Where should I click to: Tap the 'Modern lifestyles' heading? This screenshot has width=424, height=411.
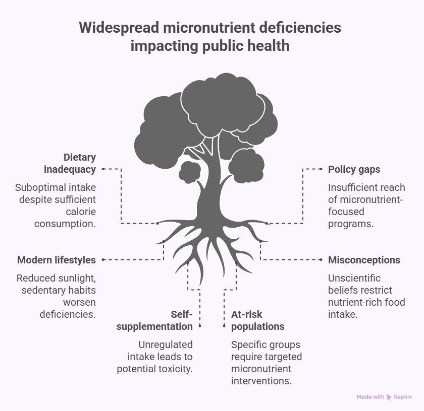(x=56, y=260)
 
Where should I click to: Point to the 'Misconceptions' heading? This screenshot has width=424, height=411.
(x=364, y=260)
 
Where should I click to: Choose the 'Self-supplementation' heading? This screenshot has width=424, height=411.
(x=154, y=320)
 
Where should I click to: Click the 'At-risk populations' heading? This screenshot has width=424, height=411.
(x=257, y=320)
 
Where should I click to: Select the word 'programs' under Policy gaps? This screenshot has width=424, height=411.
(x=351, y=224)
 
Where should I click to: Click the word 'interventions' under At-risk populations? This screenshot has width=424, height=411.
(x=261, y=381)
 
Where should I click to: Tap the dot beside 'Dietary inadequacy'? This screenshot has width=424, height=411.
(x=103, y=169)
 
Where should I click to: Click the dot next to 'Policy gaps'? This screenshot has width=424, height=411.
(x=321, y=169)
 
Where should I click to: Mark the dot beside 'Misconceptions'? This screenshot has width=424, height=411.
(x=321, y=260)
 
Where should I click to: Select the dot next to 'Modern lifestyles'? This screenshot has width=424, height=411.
(x=103, y=260)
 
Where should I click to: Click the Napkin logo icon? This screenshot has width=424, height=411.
(x=389, y=397)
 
